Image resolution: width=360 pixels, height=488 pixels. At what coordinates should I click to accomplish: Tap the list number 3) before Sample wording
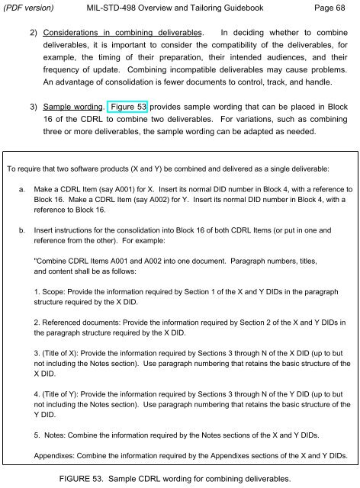coord(34,106)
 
